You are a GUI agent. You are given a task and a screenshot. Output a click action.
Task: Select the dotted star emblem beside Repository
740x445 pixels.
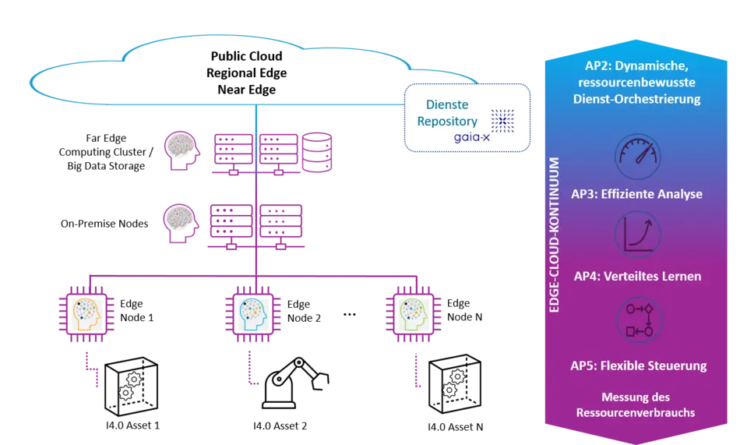[x=502, y=121]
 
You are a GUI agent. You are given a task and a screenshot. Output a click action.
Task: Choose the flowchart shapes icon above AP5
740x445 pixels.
[x=638, y=320]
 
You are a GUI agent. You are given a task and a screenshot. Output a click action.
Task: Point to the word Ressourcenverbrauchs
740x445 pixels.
[x=636, y=412]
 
